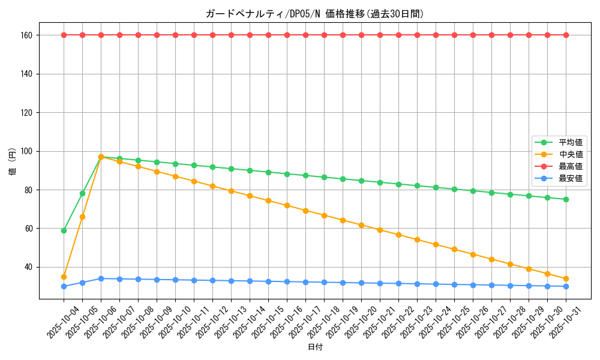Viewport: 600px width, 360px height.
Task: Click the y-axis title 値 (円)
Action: point(12,162)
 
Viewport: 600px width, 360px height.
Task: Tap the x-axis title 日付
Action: point(315,347)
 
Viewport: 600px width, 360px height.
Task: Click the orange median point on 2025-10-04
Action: point(64,277)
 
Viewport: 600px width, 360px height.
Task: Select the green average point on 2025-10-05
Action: point(82,193)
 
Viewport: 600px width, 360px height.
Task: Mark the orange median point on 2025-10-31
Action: point(566,278)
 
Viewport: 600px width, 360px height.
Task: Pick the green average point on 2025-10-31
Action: point(566,199)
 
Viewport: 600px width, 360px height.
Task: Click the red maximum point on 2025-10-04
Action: point(64,35)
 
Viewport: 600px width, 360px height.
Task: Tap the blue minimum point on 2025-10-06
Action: point(101,278)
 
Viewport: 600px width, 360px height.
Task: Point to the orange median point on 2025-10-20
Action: point(361,225)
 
